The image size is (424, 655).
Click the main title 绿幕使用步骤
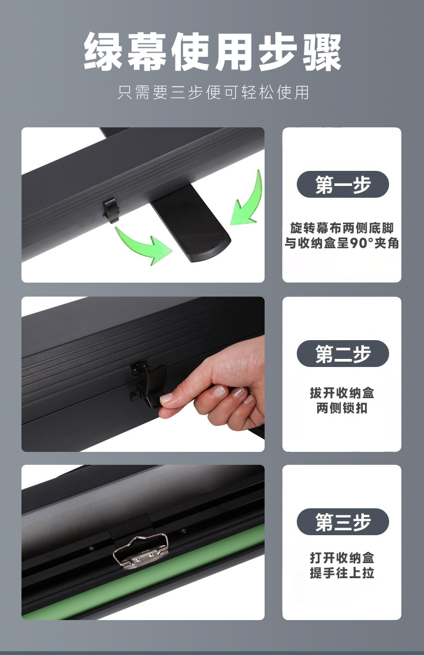[x=213, y=52]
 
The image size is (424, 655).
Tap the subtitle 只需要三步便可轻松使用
[x=213, y=92]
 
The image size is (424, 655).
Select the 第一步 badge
[x=343, y=184]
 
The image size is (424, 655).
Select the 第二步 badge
[x=343, y=354]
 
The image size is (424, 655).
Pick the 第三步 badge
[x=343, y=522]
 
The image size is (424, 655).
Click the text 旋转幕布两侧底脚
[x=342, y=228]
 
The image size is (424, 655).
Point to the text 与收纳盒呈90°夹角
[x=342, y=243]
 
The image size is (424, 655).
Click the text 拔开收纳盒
[x=342, y=393]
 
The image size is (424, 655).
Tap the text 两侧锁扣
[x=342, y=408]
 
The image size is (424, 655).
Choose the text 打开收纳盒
[x=342, y=558]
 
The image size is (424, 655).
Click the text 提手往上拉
[x=342, y=573]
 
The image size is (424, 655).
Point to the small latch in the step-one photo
[x=112, y=210]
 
